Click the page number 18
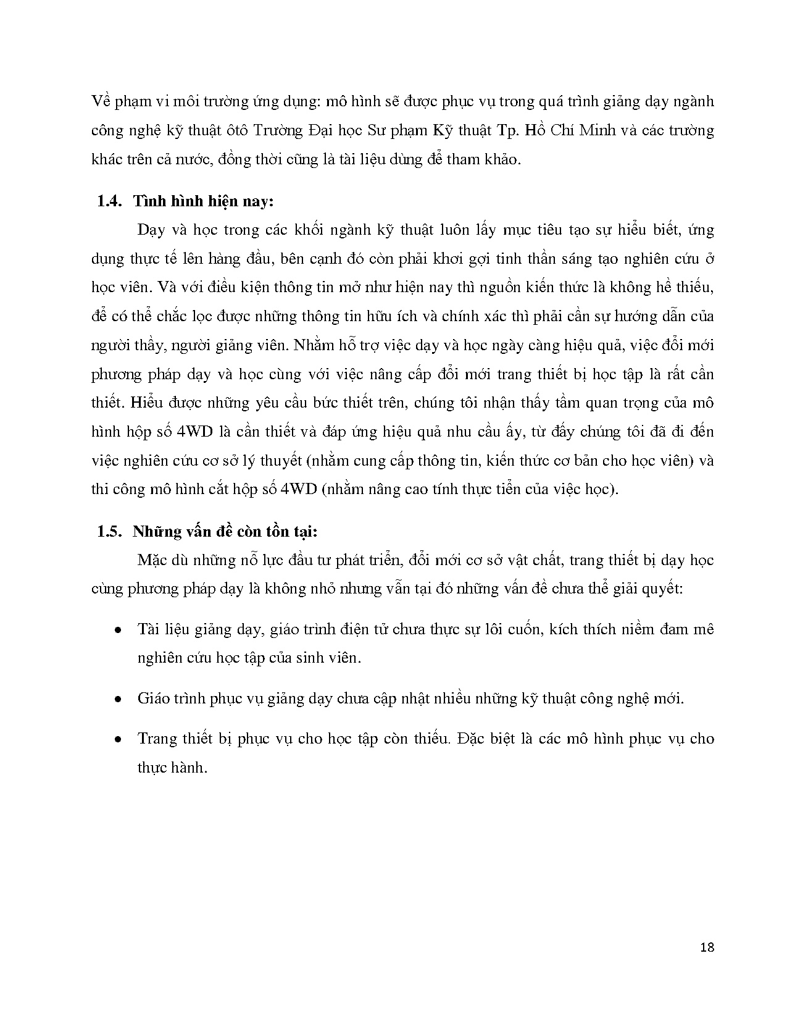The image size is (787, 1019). [707, 947]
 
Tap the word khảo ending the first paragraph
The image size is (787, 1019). [504, 160]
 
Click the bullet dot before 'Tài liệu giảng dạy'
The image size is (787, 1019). [117, 629]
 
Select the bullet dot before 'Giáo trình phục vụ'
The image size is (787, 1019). [117, 699]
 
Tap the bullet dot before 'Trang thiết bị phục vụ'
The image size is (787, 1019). [117, 739]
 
